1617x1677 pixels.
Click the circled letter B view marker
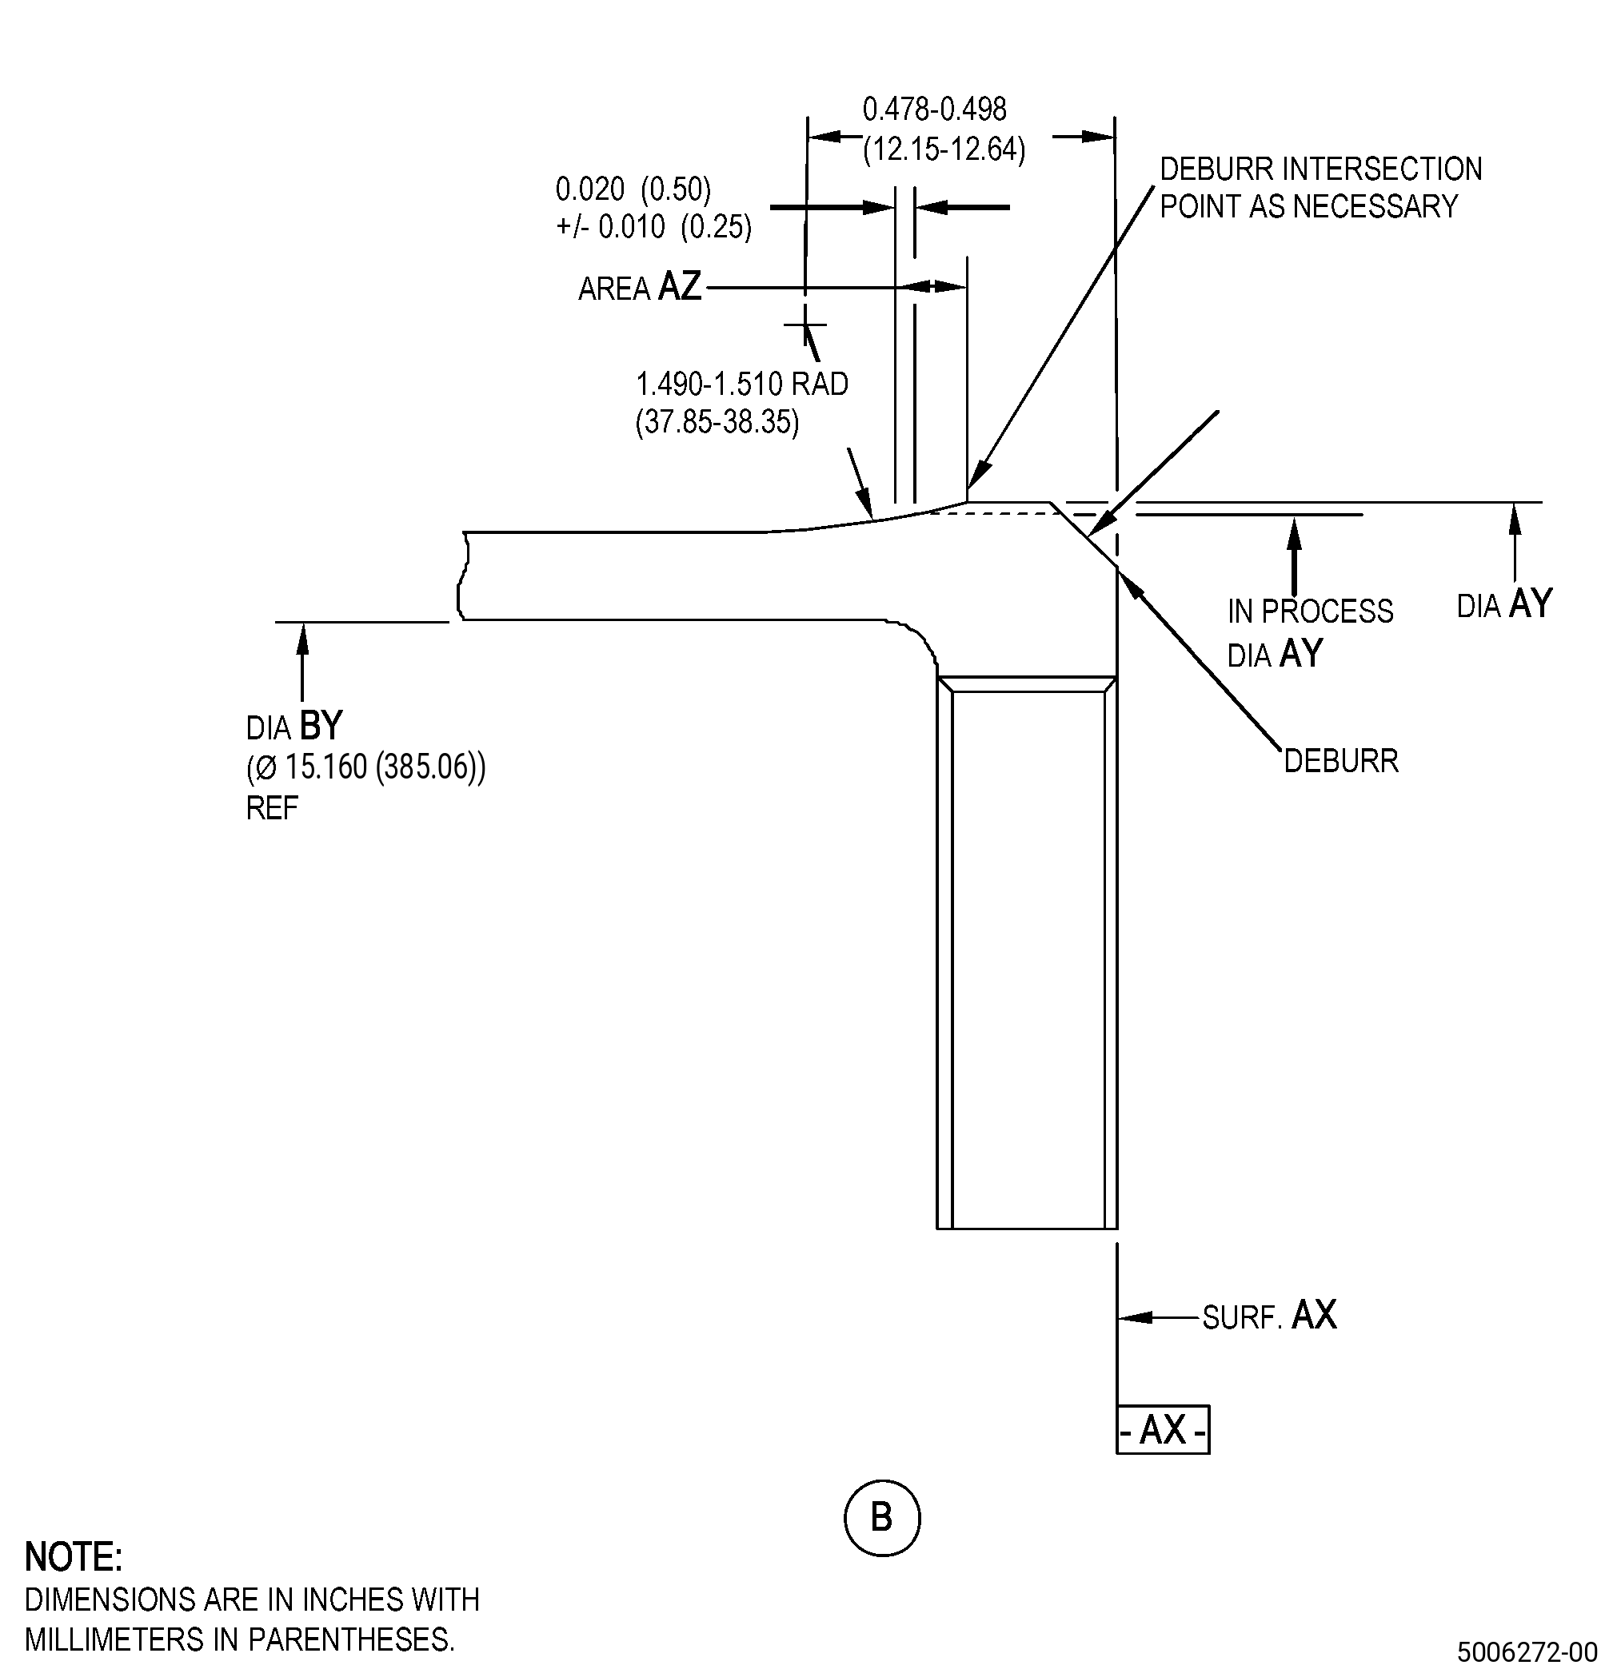pyautogui.click(x=882, y=1517)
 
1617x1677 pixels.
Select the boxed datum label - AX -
pyautogui.click(x=1163, y=1429)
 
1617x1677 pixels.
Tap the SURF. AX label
pyautogui.click(x=1269, y=1316)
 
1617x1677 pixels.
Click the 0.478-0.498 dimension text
pyautogui.click(x=935, y=110)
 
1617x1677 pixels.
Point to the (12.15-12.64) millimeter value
pyautogui.click(x=944, y=149)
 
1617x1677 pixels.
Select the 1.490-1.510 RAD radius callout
pyautogui.click(x=742, y=384)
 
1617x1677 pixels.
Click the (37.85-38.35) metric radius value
pyautogui.click(x=717, y=422)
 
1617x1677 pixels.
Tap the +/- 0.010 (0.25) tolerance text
pyautogui.click(x=654, y=227)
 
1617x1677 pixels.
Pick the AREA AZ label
pyautogui.click(x=641, y=287)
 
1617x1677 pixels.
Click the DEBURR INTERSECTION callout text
pyautogui.click(x=1321, y=169)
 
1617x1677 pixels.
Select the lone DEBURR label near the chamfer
pyautogui.click(x=1341, y=761)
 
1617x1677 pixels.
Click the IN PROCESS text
pyautogui.click(x=1311, y=611)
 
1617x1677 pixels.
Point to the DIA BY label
pyautogui.click(x=294, y=727)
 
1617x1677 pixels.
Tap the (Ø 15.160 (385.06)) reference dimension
pyautogui.click(x=366, y=767)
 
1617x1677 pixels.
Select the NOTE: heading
pyautogui.click(x=74, y=1557)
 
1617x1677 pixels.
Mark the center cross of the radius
pyautogui.click(x=805, y=325)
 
